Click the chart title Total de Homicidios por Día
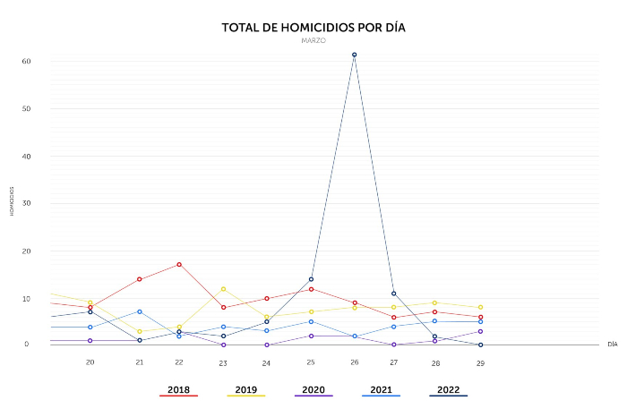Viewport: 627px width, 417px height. tap(313, 28)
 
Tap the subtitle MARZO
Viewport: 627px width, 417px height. tap(313, 41)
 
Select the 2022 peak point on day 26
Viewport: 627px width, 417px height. tap(355, 55)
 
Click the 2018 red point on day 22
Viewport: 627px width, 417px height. tap(179, 264)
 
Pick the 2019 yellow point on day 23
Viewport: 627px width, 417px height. tap(223, 288)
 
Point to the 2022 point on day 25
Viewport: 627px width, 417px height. tap(311, 279)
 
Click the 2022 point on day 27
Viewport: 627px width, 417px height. tap(393, 294)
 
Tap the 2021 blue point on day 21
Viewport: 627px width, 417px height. tap(140, 311)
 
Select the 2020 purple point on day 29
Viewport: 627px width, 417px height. tap(480, 331)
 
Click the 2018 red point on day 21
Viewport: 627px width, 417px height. tap(140, 279)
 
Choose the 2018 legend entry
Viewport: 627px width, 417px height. tap(178, 390)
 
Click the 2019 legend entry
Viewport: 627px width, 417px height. tap(245, 390)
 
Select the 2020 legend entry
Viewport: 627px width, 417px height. tap(313, 390)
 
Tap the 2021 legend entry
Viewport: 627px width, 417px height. tap(380, 390)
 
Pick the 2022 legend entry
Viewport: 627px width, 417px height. tap(447, 390)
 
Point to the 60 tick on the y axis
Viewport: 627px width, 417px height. tap(27, 62)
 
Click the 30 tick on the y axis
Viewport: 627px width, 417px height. tap(27, 203)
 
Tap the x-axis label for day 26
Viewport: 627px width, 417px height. tap(355, 362)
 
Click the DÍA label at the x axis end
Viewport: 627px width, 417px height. tap(613, 344)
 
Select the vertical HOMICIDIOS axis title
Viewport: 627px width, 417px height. tap(13, 201)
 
